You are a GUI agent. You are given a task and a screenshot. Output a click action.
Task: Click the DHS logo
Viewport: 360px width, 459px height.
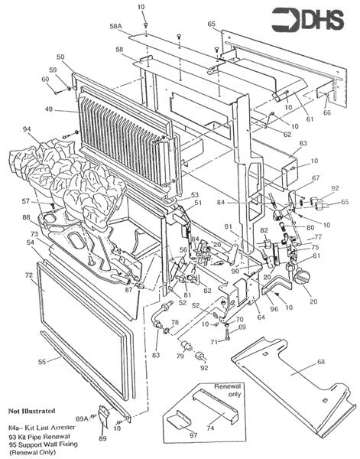[322, 18]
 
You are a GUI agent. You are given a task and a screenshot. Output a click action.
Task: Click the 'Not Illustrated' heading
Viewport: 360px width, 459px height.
[34, 412]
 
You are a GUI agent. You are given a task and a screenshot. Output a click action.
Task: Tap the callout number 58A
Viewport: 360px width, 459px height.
[115, 26]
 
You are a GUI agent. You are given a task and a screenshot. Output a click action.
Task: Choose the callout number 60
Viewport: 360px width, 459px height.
[47, 79]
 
